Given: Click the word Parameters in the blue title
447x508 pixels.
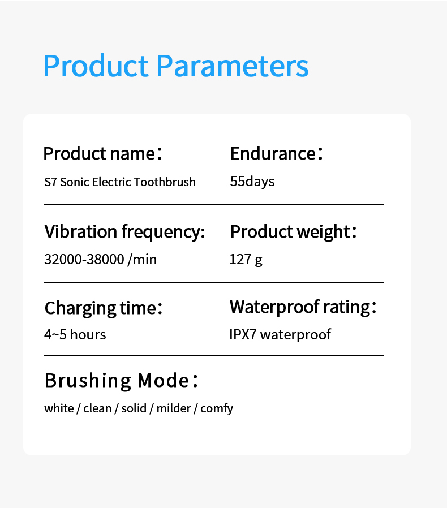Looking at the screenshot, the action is click(233, 66).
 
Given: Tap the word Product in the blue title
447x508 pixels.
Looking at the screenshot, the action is click(96, 66).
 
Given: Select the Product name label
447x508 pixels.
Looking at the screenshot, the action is click(102, 153).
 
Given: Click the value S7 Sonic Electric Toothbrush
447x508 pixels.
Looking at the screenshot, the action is click(120, 182).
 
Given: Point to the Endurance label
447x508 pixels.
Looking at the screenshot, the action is click(276, 153).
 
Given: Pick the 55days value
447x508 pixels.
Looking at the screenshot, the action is click(252, 181).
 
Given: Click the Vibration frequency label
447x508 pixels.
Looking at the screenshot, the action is click(125, 232).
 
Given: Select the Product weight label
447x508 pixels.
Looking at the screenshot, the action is click(293, 232).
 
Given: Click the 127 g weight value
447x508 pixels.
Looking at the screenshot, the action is click(246, 260).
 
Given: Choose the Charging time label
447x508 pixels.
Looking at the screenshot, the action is click(104, 308).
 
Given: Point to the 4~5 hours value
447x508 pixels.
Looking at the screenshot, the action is click(75, 334).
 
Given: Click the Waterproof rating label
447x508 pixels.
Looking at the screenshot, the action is click(303, 307).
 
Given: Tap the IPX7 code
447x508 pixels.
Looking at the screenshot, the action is click(243, 334).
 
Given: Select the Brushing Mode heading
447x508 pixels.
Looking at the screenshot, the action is click(121, 380).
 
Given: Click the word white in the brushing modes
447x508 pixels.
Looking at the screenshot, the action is click(59, 408).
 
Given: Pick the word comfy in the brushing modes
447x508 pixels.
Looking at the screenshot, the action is click(217, 409).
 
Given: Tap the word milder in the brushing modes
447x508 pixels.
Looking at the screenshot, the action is click(174, 408).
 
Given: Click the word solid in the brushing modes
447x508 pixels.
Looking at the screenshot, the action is click(134, 408).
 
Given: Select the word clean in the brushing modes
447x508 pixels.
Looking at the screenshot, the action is click(97, 408).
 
